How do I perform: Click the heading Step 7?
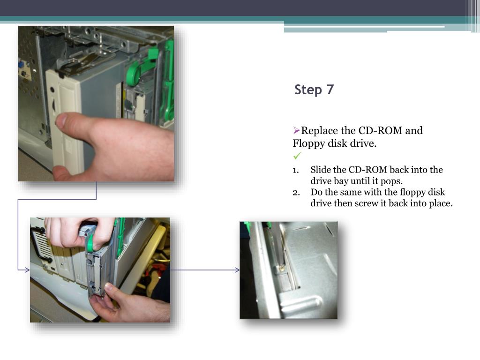[314, 90]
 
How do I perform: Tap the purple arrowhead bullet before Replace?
[296, 131]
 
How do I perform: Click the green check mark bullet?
[297, 156]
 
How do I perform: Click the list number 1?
[295, 170]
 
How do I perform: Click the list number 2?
[296, 193]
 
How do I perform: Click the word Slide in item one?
[321, 170]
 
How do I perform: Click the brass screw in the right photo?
[282, 269]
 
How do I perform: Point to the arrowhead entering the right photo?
[237, 270]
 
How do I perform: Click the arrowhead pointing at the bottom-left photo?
[27, 270]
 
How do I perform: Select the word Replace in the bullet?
[320, 131]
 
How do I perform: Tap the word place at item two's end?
[440, 204]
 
